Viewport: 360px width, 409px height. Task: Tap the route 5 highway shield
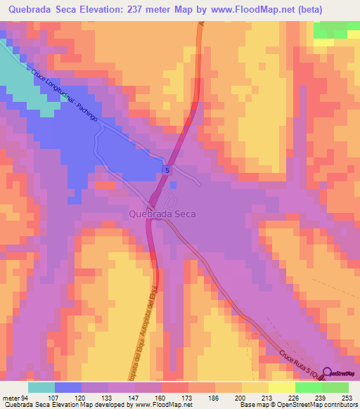click(167, 170)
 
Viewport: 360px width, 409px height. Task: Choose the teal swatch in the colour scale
click(41, 387)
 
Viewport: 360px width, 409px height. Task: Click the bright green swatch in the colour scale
click(335, 387)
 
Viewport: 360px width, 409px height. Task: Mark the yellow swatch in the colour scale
click(255, 387)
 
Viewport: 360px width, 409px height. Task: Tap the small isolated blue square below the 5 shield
click(173, 184)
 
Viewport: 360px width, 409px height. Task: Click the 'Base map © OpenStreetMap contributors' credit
click(296, 405)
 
